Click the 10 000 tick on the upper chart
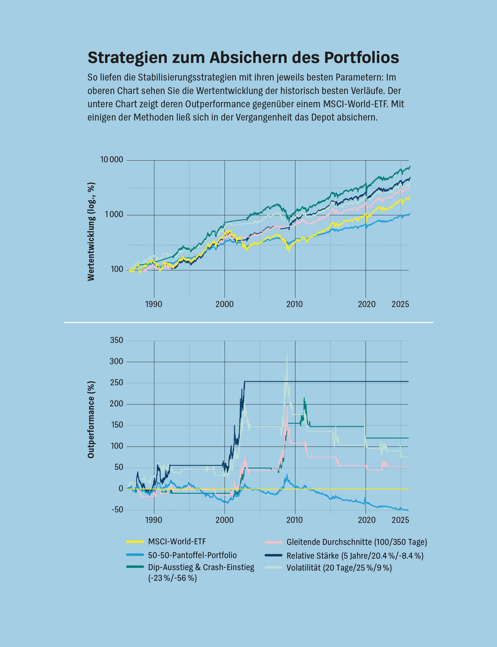tap(112, 160)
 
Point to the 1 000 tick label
tap(114, 215)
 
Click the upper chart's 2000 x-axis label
tap(225, 304)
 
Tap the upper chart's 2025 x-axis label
tap(401, 304)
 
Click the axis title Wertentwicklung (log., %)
tap(91, 231)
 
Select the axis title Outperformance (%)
tap(91, 420)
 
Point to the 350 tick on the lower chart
tap(117, 340)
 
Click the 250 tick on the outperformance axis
tap(117, 383)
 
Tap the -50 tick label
tap(117, 510)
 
